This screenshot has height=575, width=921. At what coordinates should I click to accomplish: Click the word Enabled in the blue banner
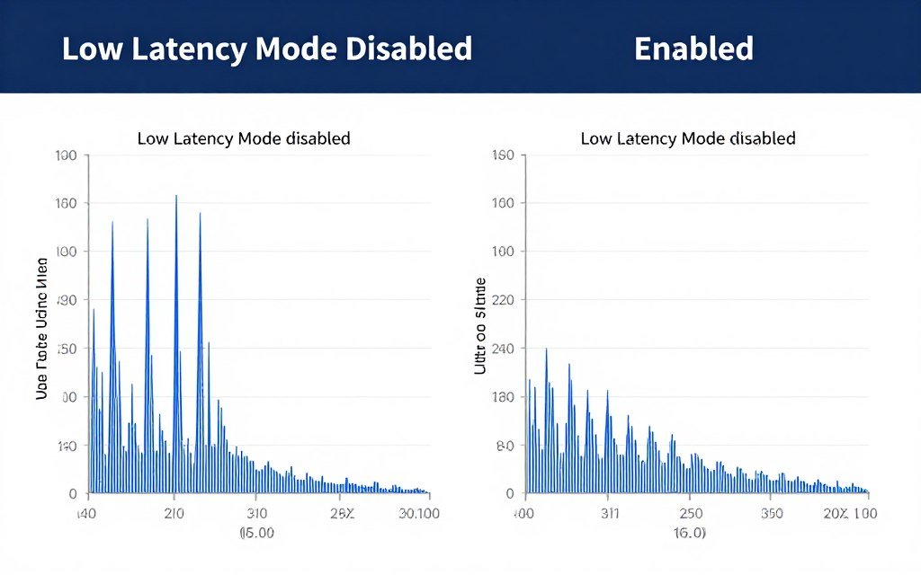[x=693, y=49]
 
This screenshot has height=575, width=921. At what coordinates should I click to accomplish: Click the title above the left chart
[x=243, y=138]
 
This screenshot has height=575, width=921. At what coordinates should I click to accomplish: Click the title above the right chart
[x=688, y=138]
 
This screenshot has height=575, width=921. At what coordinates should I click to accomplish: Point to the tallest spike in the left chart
[x=175, y=197]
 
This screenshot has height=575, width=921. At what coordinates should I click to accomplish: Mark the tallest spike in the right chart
[x=546, y=349]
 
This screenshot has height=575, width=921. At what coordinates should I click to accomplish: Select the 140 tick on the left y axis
[x=67, y=446]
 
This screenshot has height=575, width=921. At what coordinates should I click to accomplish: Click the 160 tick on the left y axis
[x=67, y=203]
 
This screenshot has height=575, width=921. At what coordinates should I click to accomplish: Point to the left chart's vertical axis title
[x=41, y=328]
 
